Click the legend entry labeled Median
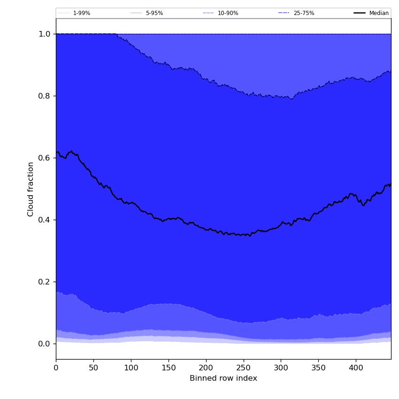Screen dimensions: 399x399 [379, 13]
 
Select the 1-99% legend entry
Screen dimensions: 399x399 [82, 13]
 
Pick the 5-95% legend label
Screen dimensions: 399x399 [154, 13]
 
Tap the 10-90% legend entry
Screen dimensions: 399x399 [228, 13]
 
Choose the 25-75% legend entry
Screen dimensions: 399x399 [304, 13]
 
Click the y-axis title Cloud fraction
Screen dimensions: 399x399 [31, 189]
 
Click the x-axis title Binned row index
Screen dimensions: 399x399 [223, 378]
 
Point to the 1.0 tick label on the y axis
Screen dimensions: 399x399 [44, 34]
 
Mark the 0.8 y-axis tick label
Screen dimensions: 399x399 [44, 96]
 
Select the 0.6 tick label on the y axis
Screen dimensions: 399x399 [44, 158]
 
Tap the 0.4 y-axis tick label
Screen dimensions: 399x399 [44, 220]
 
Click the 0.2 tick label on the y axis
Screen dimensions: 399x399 [44, 282]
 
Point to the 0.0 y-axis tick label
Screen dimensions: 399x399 [44, 344]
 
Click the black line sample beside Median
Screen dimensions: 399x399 [360, 13]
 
